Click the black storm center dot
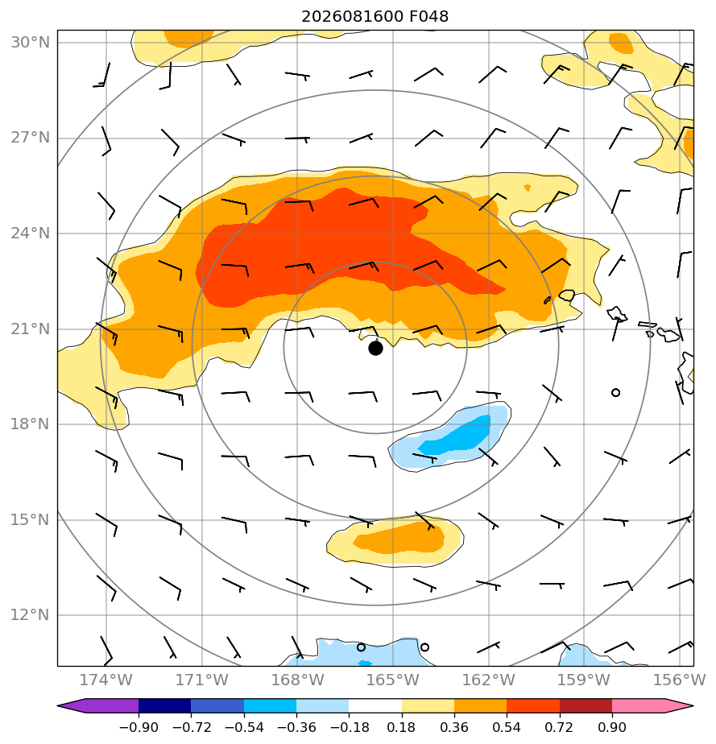(375, 349)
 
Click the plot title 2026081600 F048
(375, 17)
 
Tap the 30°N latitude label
(31, 42)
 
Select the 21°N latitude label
(31, 329)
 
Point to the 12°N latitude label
(31, 615)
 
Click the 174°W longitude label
(106, 680)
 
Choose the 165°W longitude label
(393, 680)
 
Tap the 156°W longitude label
(680, 680)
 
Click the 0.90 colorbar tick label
(612, 727)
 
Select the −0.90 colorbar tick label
(139, 727)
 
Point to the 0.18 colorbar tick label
(401, 727)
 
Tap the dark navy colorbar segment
(164, 705)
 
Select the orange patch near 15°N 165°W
(396, 540)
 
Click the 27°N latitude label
(31, 138)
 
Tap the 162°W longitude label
(488, 680)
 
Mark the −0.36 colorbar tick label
(296, 727)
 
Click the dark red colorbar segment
(586, 705)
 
